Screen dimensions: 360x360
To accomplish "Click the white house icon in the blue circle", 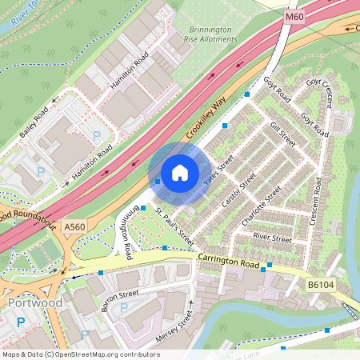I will pyautogui.click(x=180, y=173).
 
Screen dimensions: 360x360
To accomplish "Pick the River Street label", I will pyautogui.click(x=272, y=238).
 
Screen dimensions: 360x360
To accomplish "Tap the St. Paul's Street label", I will pyautogui.click(x=175, y=227).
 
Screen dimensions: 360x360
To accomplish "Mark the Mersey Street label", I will pyautogui.click(x=175, y=326).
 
